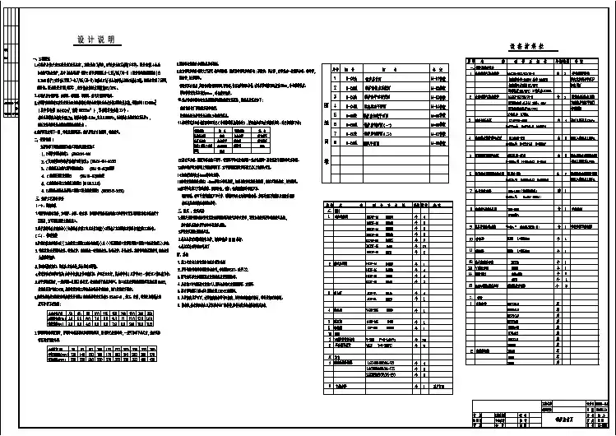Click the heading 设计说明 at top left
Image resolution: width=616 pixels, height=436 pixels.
point(95,39)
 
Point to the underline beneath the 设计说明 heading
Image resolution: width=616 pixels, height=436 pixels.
point(95,45)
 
